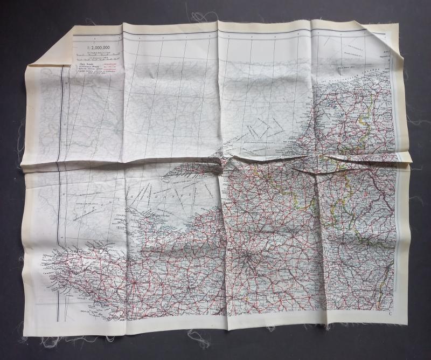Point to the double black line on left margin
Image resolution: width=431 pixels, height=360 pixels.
60,162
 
